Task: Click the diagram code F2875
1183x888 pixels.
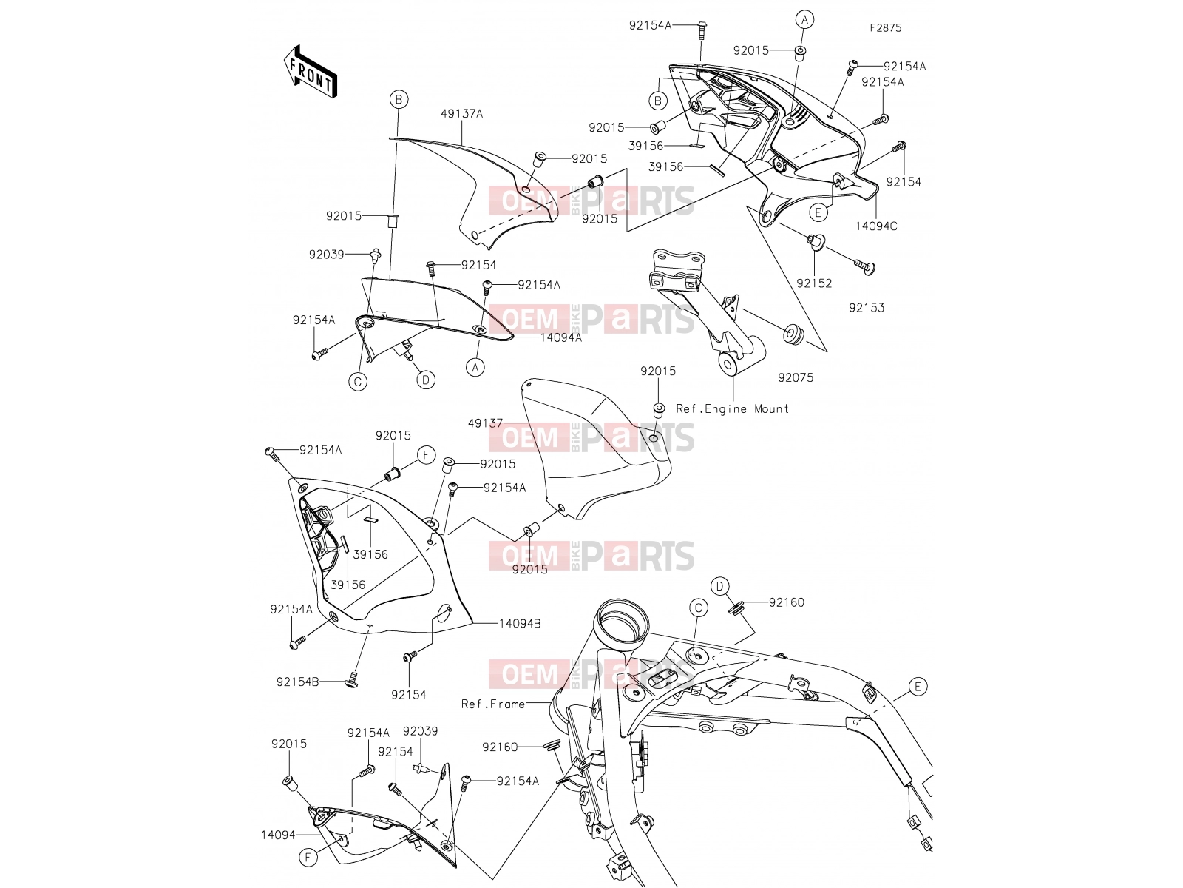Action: coord(886,28)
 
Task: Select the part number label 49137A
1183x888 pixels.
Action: coord(462,114)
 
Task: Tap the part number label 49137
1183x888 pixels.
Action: coord(485,423)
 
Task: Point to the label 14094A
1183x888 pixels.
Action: coord(561,338)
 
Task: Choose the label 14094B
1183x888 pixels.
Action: coord(520,624)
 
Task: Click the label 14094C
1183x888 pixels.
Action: coord(876,226)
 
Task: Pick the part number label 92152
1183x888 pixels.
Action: coord(814,283)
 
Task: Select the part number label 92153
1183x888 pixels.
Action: coord(867,308)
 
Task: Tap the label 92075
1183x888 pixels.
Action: coord(796,378)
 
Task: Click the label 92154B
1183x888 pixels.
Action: coord(297,682)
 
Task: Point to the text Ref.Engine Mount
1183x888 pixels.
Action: coord(733,409)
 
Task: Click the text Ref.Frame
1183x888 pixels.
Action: coord(493,704)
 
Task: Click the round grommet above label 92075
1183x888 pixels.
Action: coord(794,334)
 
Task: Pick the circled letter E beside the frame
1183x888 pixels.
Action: coord(918,687)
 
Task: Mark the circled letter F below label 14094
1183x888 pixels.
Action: coord(308,857)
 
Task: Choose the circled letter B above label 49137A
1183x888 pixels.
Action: coord(399,100)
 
